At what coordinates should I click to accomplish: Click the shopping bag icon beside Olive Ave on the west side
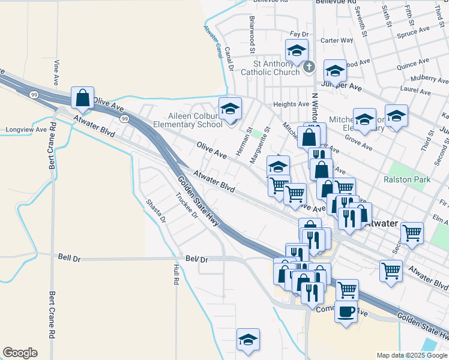(x=82, y=98)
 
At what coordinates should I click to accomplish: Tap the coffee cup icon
(x=346, y=311)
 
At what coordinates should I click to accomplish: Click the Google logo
(x=20, y=353)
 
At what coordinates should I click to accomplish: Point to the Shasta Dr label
(x=155, y=211)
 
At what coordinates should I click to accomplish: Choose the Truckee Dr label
(x=186, y=206)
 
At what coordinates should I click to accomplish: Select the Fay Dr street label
(x=298, y=34)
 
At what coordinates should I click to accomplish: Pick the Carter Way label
(x=337, y=41)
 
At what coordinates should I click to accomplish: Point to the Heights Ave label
(x=291, y=104)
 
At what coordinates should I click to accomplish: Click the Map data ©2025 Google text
(x=412, y=355)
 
